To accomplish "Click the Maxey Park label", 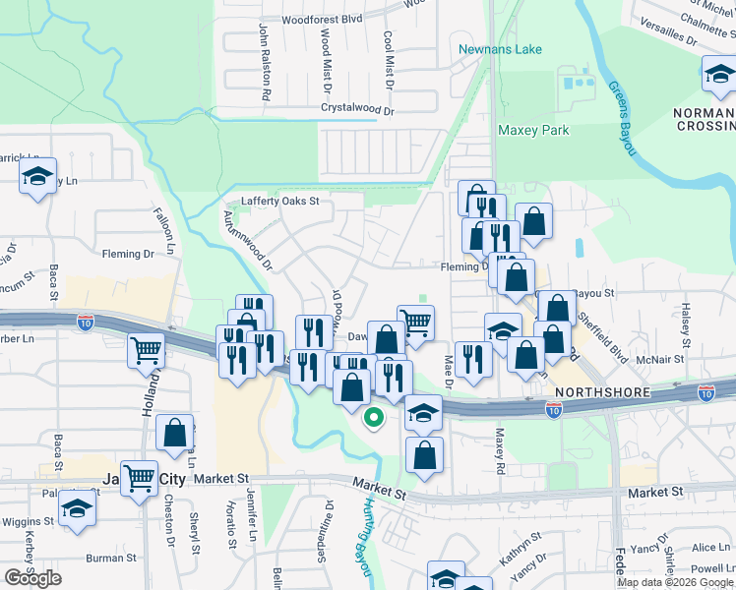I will click(x=533, y=130).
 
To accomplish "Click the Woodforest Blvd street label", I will click(x=322, y=19).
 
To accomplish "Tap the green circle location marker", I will click(x=373, y=417).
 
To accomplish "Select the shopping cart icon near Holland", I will click(x=147, y=348).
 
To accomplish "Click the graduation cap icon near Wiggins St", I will click(x=75, y=508).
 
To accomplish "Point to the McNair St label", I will click(x=660, y=360).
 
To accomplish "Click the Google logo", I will click(x=32, y=578).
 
